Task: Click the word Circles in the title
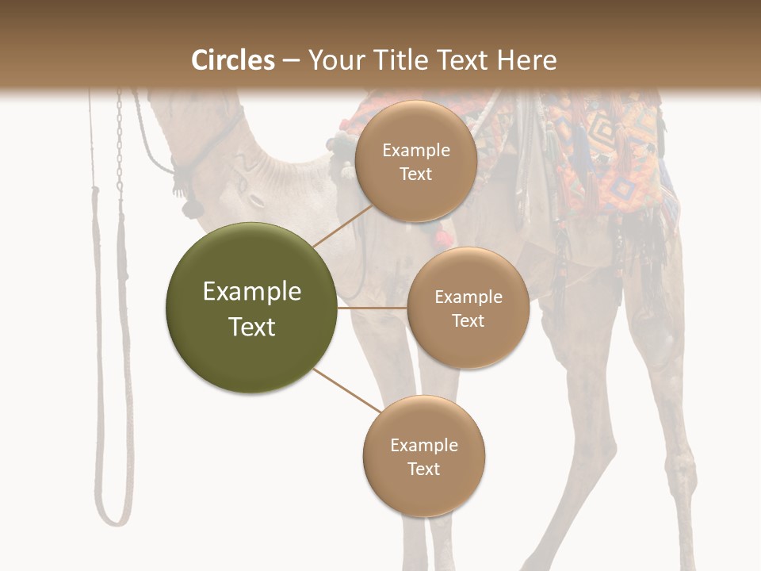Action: (233, 60)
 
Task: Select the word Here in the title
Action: (527, 60)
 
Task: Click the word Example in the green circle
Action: (252, 292)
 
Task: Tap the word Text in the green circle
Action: (252, 327)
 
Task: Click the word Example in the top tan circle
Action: (416, 151)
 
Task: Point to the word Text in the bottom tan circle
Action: (423, 469)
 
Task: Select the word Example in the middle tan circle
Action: (468, 297)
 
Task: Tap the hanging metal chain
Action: (120, 143)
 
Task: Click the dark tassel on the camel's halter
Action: (190, 204)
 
